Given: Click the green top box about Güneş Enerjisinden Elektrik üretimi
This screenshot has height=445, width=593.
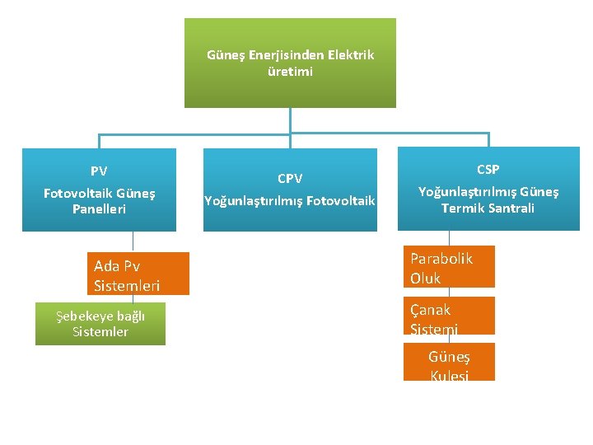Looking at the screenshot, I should coord(290,63).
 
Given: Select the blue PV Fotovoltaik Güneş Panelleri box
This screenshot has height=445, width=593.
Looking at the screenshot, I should coord(99,190).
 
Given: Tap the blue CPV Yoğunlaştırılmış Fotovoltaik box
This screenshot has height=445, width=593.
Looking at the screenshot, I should coord(290,190).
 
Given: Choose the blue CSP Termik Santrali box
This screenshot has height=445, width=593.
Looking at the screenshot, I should coord(488,189).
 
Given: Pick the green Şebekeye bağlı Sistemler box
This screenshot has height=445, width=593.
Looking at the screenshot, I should coord(100,324).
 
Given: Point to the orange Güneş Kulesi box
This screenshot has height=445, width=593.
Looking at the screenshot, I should coord(449,363).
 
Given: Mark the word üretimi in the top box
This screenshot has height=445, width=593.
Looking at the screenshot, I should coord(290,72).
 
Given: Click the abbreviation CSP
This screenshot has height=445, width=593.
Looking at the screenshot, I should coord(488,170).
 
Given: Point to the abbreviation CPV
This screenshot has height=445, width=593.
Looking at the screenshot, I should coord(290,179).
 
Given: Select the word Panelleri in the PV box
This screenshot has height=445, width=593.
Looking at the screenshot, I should coord(99,209).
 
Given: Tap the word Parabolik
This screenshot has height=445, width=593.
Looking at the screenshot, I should coord(441,259).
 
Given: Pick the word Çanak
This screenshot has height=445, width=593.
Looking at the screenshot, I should coord(431,310).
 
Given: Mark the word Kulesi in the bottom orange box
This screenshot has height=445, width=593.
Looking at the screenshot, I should coord(449,375).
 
